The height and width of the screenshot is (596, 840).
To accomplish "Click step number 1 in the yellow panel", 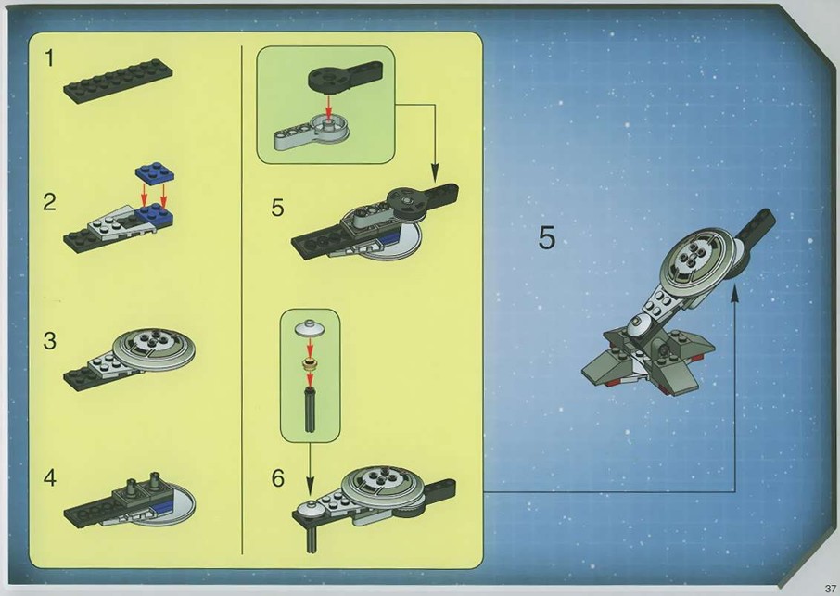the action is click(49, 57).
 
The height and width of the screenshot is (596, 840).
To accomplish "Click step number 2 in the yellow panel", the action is click(49, 202).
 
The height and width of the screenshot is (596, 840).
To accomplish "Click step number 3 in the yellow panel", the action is click(49, 340).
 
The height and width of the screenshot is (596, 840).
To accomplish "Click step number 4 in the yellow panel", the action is click(50, 477).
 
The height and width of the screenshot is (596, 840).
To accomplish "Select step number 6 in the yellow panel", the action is click(278, 478).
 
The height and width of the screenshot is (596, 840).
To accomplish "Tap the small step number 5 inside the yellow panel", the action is click(277, 208).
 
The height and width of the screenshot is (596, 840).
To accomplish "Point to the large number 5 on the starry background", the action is click(546, 238).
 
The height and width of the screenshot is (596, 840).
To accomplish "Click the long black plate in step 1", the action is click(118, 81).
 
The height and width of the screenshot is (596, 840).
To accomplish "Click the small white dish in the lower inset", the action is click(309, 327).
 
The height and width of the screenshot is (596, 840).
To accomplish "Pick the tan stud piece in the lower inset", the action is click(309, 364).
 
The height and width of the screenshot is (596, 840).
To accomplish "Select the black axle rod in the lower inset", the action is click(310, 411).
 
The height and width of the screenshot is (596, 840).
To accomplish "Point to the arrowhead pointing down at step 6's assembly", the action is click(310, 487).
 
